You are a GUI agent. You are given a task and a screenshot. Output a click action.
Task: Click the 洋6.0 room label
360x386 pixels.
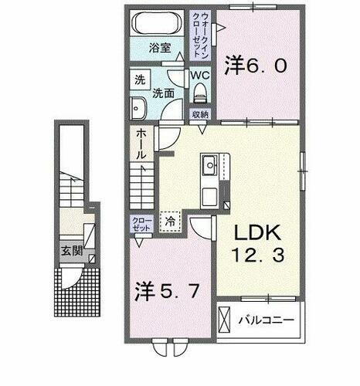[257, 66]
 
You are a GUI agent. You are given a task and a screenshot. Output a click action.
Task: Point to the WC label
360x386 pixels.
[200, 75]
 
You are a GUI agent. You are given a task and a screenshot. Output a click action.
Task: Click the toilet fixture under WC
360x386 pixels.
[202, 93]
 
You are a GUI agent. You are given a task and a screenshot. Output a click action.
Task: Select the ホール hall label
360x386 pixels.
[141, 144]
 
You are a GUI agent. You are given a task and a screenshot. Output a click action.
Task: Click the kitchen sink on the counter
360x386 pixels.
[209, 164]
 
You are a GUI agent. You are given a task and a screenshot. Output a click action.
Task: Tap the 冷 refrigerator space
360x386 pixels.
[170, 220]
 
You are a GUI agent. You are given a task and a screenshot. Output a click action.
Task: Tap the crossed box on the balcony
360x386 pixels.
[226, 318]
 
